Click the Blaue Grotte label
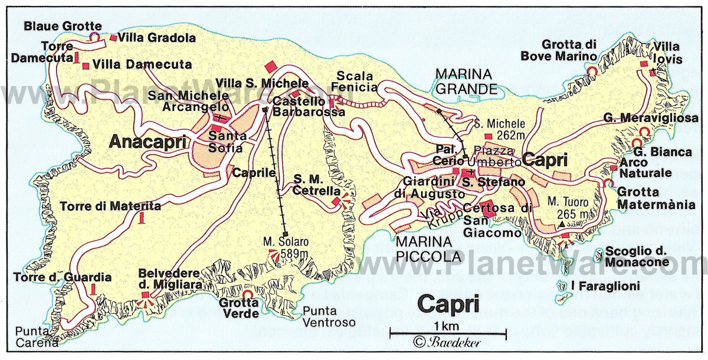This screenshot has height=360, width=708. [62, 26]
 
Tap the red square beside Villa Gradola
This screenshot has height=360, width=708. [113, 38]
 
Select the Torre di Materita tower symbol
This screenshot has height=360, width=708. [141, 218]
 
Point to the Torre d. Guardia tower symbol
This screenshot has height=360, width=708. [94, 289]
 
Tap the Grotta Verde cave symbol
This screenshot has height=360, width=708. [248, 294]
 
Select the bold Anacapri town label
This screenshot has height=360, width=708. [147, 142]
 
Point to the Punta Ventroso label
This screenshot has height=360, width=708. [329, 317]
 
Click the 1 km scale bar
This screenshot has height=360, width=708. [448, 335]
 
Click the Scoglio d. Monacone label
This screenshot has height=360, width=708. [636, 257]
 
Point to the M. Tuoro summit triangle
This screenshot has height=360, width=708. [560, 225]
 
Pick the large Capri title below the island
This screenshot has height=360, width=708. [448, 304]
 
